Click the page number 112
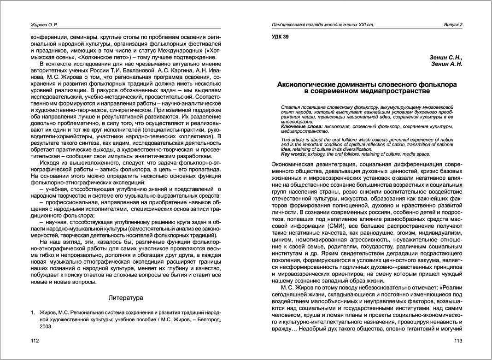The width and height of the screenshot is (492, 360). [x=34, y=341]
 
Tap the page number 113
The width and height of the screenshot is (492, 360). [x=458, y=341]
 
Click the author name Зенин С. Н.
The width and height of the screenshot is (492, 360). [x=445, y=58]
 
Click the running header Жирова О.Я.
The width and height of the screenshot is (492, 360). [x=44, y=24]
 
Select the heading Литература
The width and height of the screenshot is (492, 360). [x=126, y=298]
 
